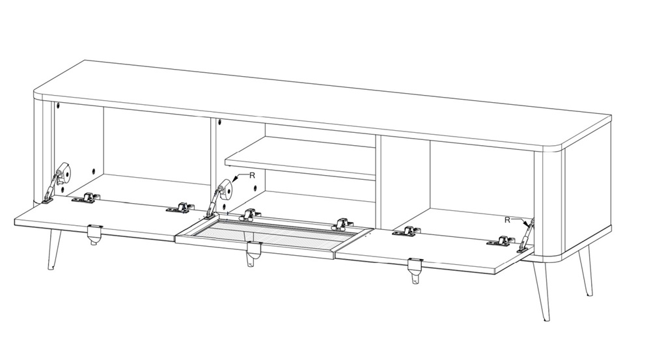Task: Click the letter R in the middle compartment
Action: click(252, 176)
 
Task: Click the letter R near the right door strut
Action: click(507, 220)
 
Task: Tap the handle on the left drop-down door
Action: click(94, 234)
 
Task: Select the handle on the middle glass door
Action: click(253, 254)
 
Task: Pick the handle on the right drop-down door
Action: click(415, 270)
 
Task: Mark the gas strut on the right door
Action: click(525, 236)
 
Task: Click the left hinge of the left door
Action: click(87, 198)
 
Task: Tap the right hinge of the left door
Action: click(180, 208)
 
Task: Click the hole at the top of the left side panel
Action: click(58, 105)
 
